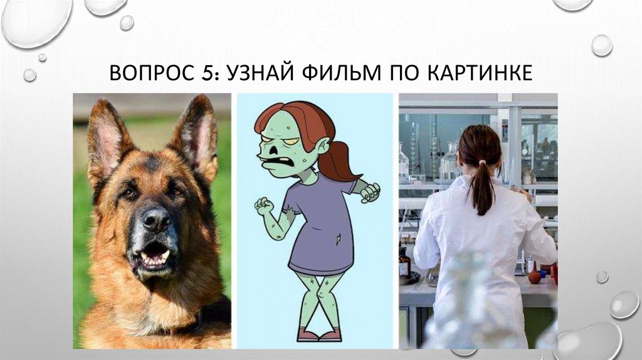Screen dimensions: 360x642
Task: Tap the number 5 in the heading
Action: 209,73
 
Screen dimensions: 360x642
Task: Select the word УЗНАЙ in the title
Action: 258,73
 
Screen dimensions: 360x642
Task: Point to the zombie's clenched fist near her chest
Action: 264,206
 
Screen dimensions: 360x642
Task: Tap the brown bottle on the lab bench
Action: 404,263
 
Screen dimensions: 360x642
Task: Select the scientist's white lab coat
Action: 476,263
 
